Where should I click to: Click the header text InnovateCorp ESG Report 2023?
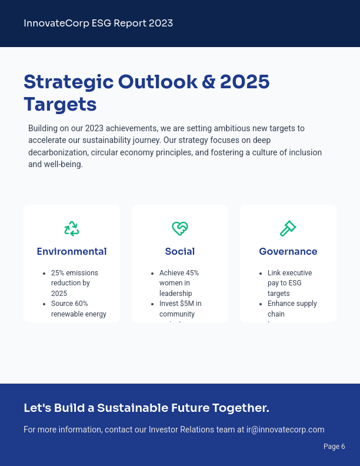click(98, 24)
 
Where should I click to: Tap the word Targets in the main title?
click(60, 104)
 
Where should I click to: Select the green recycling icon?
click(72, 228)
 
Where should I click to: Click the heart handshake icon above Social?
click(180, 228)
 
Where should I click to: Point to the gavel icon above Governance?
click(288, 228)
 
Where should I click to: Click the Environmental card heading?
click(72, 252)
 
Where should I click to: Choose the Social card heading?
click(180, 252)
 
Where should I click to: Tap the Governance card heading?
click(288, 252)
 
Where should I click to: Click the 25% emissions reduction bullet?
click(74, 283)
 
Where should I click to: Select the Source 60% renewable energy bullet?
click(78, 309)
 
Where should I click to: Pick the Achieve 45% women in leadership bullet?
click(179, 283)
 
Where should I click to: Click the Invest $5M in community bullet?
click(180, 309)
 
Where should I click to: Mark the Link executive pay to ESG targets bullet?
click(289, 283)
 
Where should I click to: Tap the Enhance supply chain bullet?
click(292, 309)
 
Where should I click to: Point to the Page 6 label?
click(334, 447)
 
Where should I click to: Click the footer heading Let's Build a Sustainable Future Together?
click(146, 408)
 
